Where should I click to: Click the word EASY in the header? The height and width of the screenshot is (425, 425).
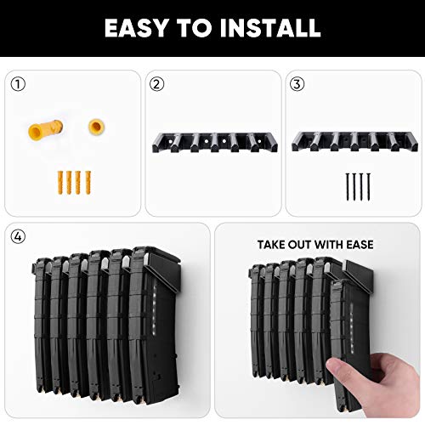coord(137,28)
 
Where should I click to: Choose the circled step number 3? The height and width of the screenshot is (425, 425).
coord(296,83)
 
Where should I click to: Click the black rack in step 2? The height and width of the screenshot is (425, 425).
coord(210,141)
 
